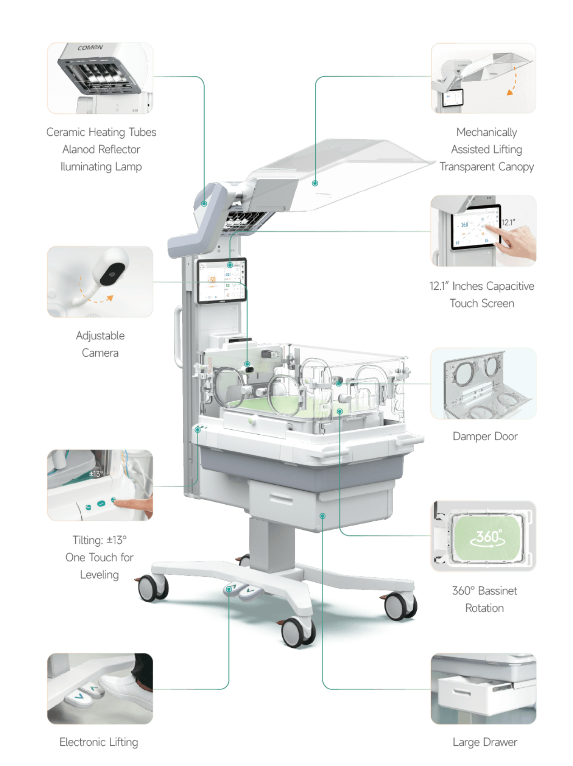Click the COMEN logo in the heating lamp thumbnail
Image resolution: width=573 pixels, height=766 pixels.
point(90,48)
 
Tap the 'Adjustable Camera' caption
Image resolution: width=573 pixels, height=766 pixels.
point(100,344)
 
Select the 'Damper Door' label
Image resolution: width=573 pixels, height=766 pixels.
point(485,436)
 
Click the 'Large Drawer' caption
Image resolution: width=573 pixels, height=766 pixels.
point(485,742)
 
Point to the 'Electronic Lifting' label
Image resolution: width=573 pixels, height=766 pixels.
point(99,742)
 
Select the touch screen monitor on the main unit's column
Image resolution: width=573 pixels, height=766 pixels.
point(222,280)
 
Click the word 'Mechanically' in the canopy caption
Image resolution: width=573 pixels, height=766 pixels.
point(487,132)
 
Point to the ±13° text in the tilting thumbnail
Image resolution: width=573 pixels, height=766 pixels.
point(96,474)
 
